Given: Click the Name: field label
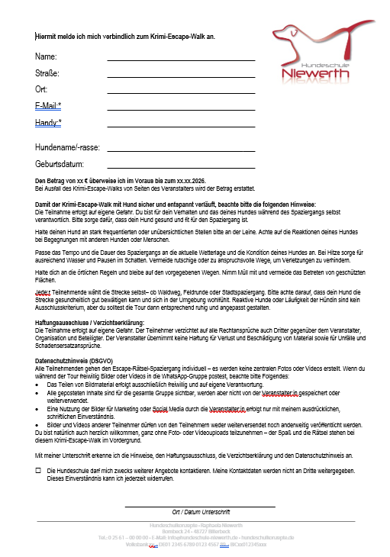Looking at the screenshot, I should point(46,57).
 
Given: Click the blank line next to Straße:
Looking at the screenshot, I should point(181,76).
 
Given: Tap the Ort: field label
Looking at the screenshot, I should point(41,89).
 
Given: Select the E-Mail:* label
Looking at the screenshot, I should point(48,106).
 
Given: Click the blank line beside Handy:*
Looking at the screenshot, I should point(181,124).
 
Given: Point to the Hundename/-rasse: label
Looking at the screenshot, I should point(68,146).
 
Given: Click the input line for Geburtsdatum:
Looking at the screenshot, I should point(181,166).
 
